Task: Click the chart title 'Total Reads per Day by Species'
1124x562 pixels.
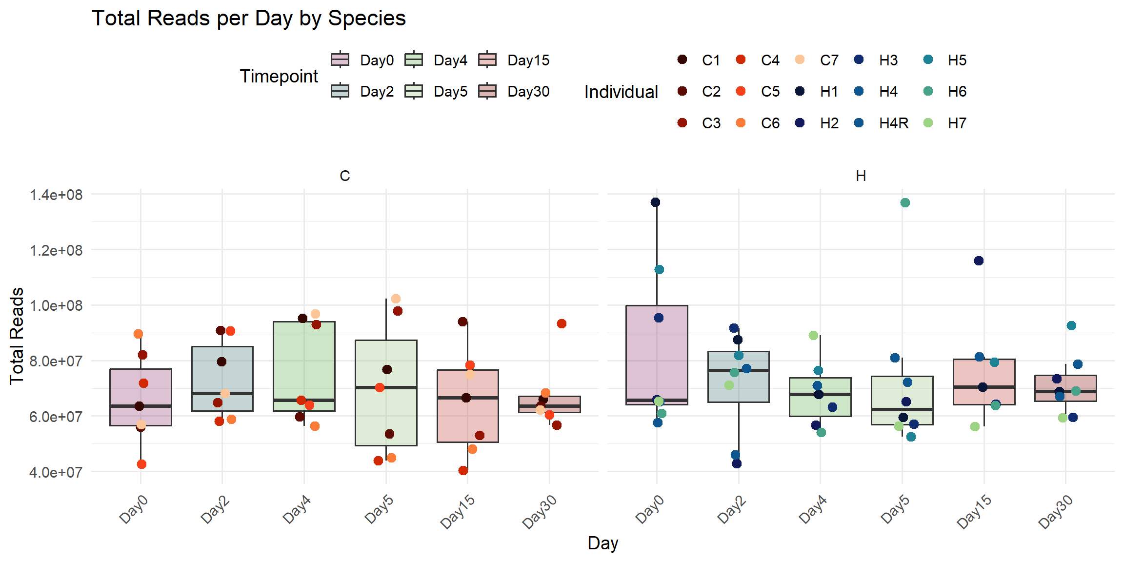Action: pos(249,19)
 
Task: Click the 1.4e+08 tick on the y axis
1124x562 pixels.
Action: pos(56,195)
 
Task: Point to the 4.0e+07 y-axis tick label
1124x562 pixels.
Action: pos(56,472)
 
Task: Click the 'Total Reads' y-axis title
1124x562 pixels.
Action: pos(17,336)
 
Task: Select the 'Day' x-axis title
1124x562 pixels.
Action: pos(603,543)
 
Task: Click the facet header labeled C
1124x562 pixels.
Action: pos(345,176)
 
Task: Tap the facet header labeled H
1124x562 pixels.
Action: pos(861,176)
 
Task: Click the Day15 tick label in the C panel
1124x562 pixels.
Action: pos(458,511)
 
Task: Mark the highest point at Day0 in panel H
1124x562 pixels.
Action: pos(655,202)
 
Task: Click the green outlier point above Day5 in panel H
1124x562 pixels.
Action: pos(905,203)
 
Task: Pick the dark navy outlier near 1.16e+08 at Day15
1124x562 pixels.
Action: pos(979,261)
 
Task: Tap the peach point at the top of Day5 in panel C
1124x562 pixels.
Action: pos(396,299)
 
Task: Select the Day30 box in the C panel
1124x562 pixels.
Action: pos(549,404)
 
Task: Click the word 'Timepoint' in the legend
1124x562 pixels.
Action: pos(279,77)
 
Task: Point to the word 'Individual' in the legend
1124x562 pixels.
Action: pos(621,92)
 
